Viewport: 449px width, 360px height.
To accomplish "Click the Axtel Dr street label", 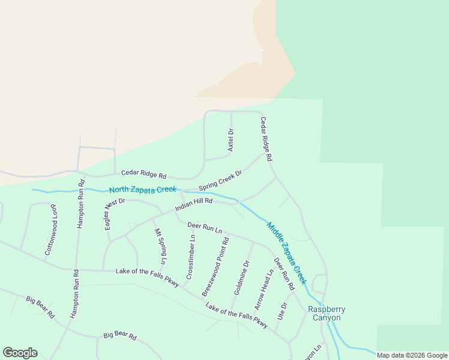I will coord(231,139).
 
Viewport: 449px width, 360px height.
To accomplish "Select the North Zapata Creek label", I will coord(143,190).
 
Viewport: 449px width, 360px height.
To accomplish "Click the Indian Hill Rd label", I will coord(194,205).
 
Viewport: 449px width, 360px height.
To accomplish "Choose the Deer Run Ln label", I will coord(205,227).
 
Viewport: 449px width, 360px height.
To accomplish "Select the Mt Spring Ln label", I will coord(159,247).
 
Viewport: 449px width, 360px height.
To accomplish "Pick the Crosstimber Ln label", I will coord(191,256).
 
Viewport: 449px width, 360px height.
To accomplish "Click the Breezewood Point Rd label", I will coord(215,266).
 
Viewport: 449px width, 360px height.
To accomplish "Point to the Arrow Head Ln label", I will coord(264,289).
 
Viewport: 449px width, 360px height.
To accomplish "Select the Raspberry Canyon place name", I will coord(327,313).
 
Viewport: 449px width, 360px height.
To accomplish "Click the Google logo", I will coord(20,353).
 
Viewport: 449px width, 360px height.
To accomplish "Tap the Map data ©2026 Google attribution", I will coord(412,355).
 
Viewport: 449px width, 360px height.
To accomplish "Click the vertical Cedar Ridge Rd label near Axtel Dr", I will coord(267,139).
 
